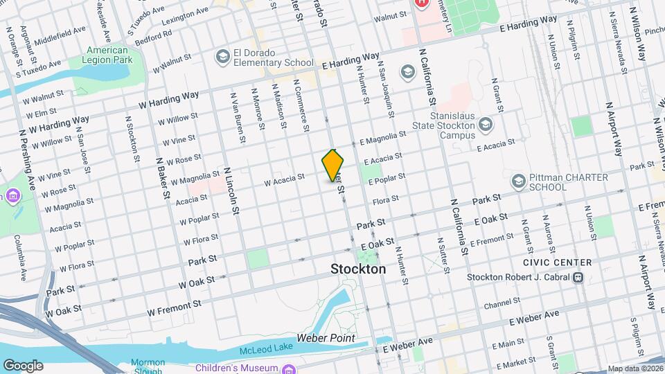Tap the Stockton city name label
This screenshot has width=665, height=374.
358,269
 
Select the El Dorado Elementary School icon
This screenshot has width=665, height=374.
223,56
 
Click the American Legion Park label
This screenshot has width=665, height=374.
108,55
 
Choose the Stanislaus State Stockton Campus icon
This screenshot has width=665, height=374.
485,125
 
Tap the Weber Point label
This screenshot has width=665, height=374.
326,338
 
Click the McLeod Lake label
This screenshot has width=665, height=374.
263,349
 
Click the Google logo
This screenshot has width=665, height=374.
23,365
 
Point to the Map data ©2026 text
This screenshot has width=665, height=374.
635,368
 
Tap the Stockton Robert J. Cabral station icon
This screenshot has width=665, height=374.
577,278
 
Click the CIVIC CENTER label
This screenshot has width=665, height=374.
558,262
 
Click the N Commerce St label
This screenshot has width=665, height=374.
300,104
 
